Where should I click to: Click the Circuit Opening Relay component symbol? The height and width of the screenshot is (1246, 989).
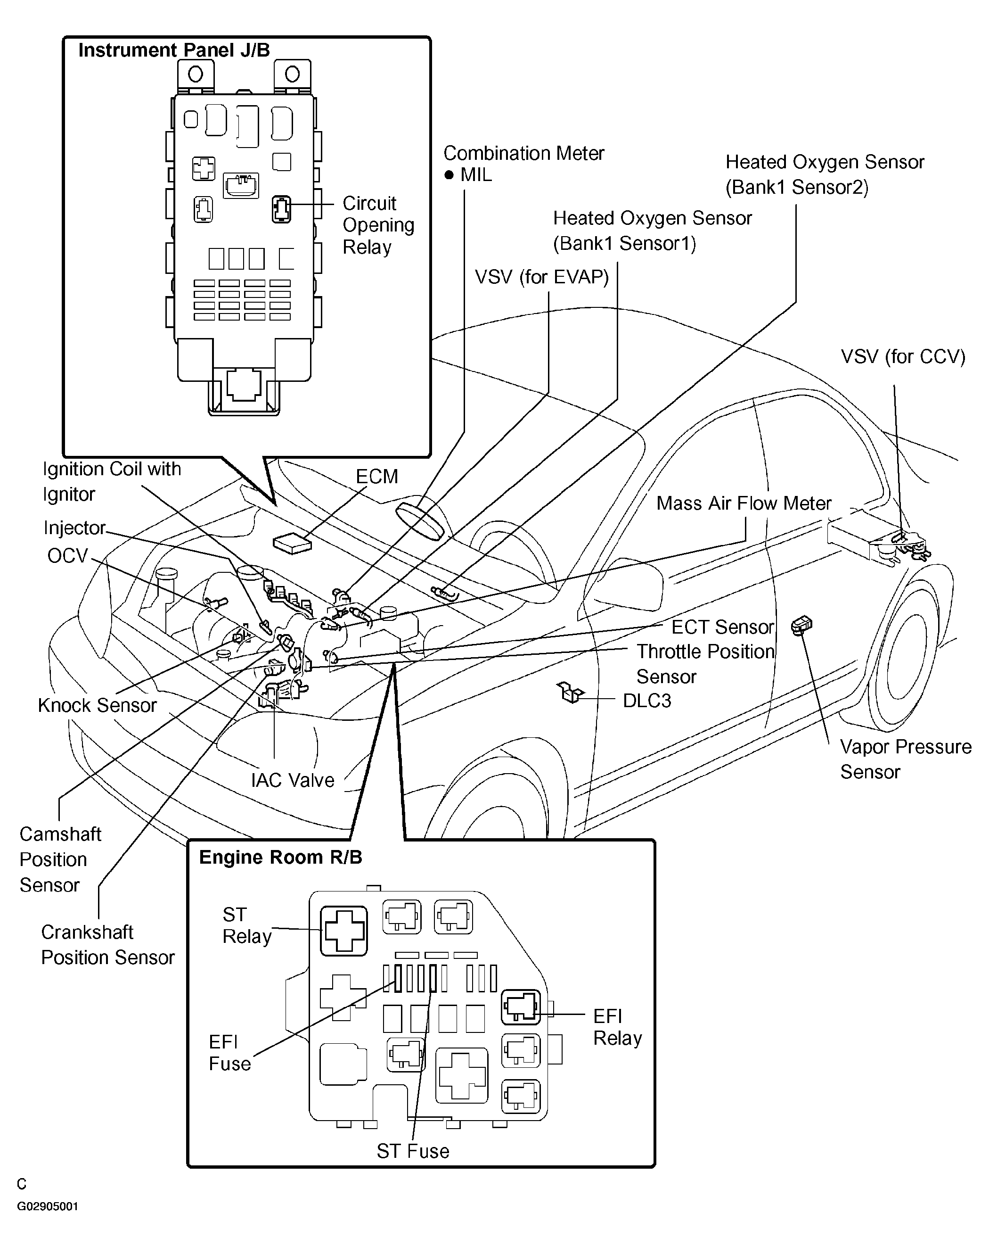click(x=281, y=209)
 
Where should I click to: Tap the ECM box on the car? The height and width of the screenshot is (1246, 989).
click(x=292, y=543)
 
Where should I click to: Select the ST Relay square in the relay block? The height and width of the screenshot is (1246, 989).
click(x=344, y=931)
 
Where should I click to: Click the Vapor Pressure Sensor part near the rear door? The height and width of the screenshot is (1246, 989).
click(x=802, y=625)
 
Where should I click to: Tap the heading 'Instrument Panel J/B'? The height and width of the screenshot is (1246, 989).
click(x=174, y=50)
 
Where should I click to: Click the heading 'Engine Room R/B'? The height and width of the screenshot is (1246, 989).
click(x=280, y=857)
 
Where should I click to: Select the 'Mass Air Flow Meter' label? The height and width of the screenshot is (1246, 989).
click(x=744, y=503)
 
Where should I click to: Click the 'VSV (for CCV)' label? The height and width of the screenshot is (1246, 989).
click(x=903, y=356)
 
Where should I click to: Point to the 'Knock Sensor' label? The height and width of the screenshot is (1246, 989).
click(x=97, y=705)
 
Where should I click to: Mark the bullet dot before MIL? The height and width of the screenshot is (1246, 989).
click(x=449, y=174)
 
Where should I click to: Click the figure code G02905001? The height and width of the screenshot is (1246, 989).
click(x=48, y=1206)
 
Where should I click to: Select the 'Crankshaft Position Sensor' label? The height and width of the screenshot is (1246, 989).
click(x=107, y=944)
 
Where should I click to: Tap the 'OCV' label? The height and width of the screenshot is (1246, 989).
click(x=67, y=555)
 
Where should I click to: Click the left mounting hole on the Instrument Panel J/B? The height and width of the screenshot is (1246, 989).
click(x=195, y=74)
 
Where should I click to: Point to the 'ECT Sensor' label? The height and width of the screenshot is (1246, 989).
click(x=722, y=627)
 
